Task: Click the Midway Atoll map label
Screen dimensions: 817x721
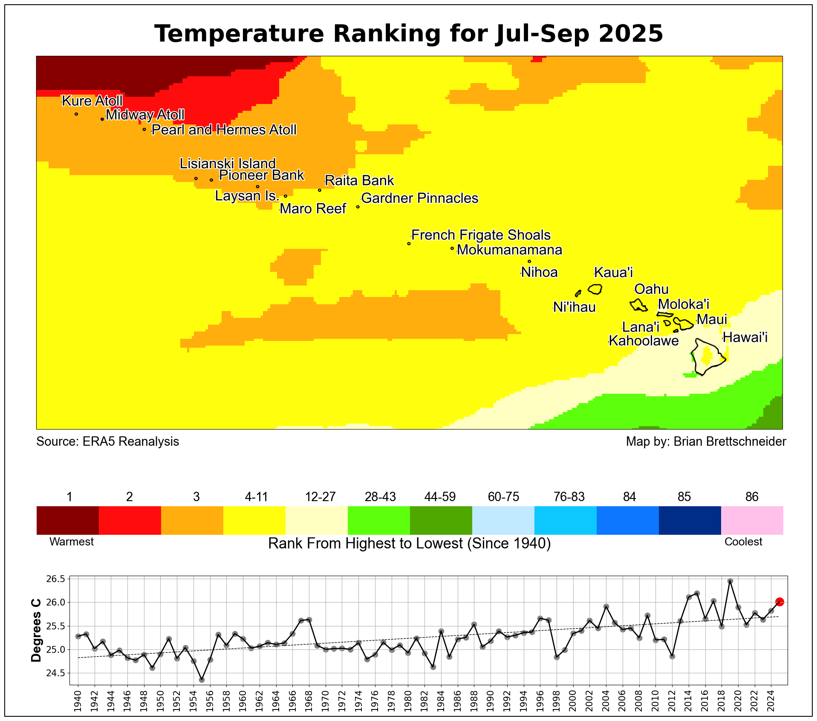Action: pyautogui.click(x=145, y=115)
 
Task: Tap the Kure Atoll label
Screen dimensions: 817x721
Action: pyautogui.click(x=92, y=101)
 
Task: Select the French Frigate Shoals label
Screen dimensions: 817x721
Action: pyautogui.click(x=481, y=235)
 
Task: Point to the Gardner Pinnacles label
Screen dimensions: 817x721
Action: pyautogui.click(x=419, y=198)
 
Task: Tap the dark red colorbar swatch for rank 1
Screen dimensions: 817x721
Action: pyautogui.click(x=68, y=520)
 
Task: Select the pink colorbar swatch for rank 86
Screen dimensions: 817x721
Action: pyautogui.click(x=752, y=520)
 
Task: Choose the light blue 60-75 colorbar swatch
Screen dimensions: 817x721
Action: pyautogui.click(x=503, y=520)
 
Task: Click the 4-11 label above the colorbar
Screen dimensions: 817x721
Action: pyautogui.click(x=256, y=497)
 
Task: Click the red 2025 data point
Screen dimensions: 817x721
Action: pyautogui.click(x=779, y=602)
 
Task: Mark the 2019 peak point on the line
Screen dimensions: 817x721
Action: pyautogui.click(x=730, y=581)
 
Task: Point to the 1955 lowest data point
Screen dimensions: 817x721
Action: pyautogui.click(x=202, y=680)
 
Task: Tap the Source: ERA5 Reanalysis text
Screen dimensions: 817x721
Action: pyautogui.click(x=108, y=441)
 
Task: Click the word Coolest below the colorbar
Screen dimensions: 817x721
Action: pyautogui.click(x=743, y=542)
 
